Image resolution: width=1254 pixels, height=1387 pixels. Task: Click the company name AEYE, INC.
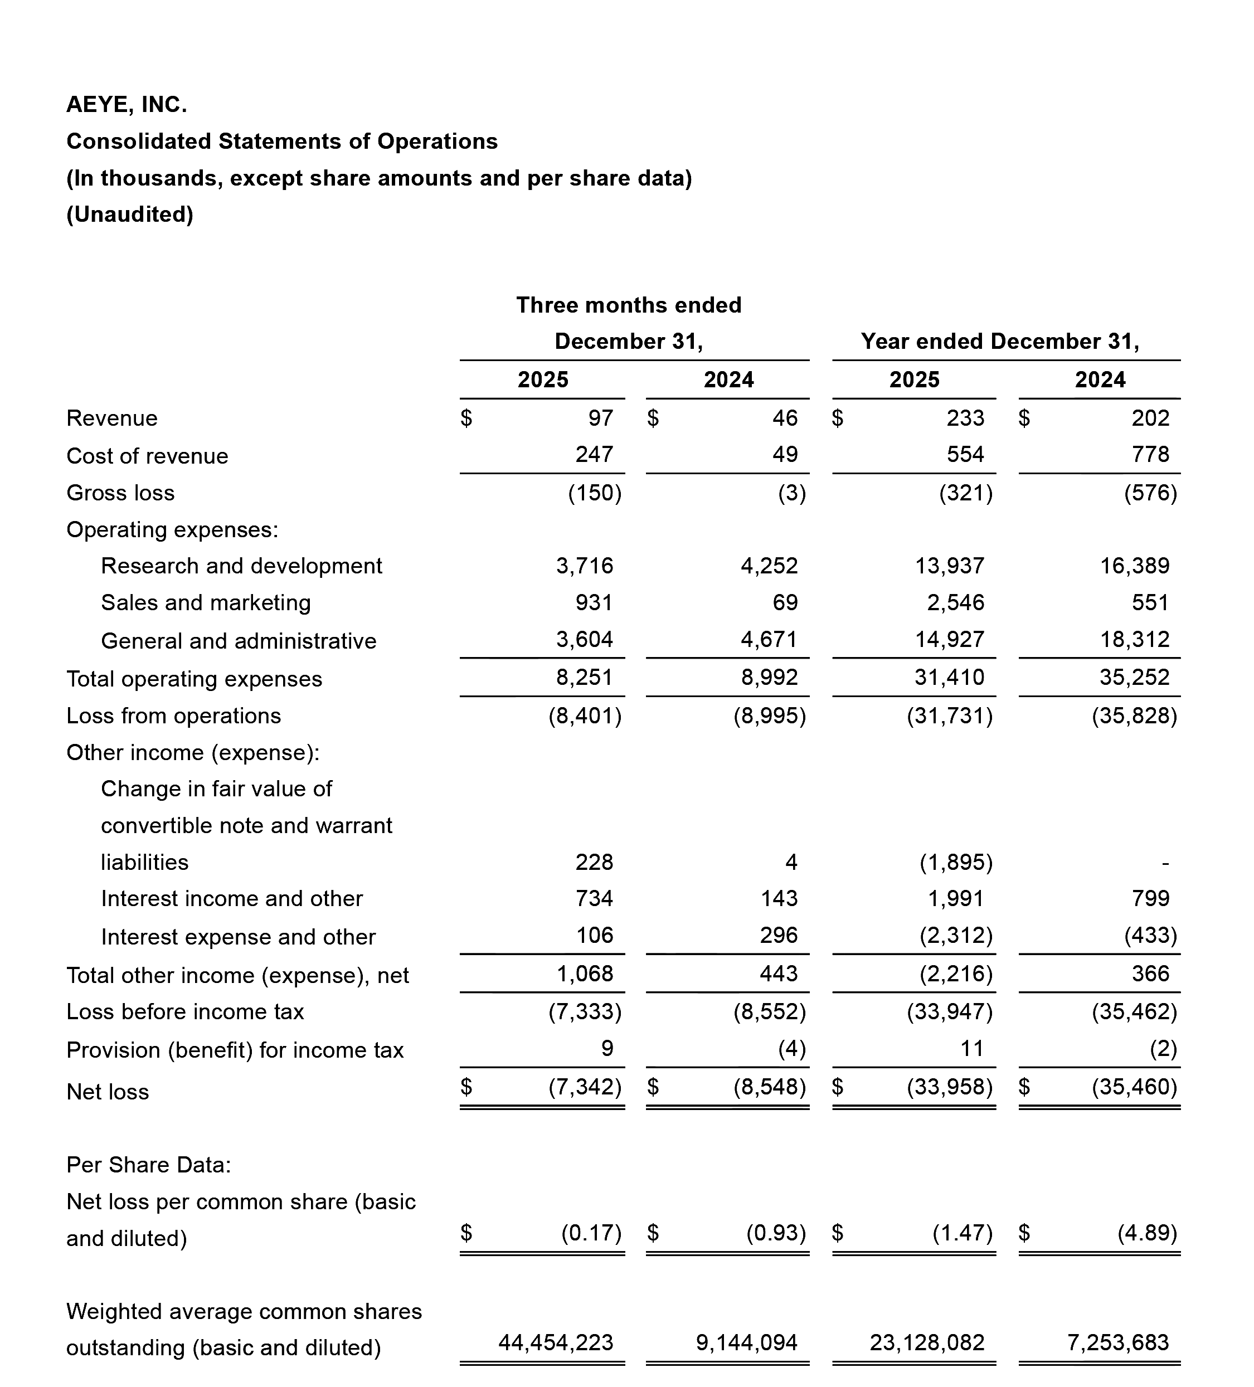click(127, 105)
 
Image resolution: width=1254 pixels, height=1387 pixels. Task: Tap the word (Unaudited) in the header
click(129, 215)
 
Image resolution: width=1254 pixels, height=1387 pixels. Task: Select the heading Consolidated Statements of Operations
click(281, 141)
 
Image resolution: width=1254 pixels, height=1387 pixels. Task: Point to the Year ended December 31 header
click(999, 341)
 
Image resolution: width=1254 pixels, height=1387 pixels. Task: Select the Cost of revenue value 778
click(1150, 454)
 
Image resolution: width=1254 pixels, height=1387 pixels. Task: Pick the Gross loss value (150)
click(595, 493)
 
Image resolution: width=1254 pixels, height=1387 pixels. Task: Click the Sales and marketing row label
click(206, 603)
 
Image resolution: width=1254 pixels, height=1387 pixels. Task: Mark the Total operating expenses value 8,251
click(584, 677)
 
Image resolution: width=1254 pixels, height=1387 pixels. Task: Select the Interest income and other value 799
click(1150, 898)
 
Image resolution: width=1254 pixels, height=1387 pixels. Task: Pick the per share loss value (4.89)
click(1148, 1232)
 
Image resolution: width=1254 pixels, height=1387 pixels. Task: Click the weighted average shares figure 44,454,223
click(556, 1342)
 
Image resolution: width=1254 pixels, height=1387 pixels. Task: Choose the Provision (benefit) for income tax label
click(235, 1050)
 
